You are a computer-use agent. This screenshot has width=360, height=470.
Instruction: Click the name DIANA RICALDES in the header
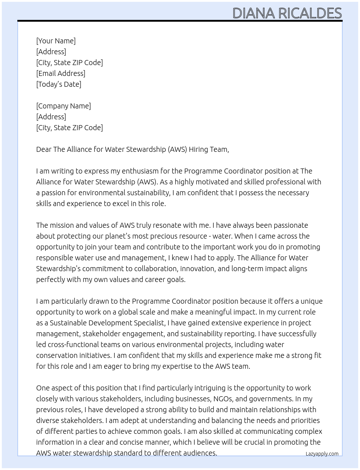click(287, 13)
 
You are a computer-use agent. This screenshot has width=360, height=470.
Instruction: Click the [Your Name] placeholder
click(56, 41)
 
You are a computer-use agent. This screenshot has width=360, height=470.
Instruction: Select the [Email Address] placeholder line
click(61, 73)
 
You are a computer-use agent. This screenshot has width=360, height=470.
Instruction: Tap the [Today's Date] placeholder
click(59, 84)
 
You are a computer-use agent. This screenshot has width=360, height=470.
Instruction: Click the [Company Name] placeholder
click(63, 106)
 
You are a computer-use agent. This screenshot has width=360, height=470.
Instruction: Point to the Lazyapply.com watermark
click(322, 454)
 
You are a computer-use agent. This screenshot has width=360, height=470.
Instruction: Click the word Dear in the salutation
click(44, 149)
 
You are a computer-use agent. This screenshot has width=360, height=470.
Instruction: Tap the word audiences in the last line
click(200, 453)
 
